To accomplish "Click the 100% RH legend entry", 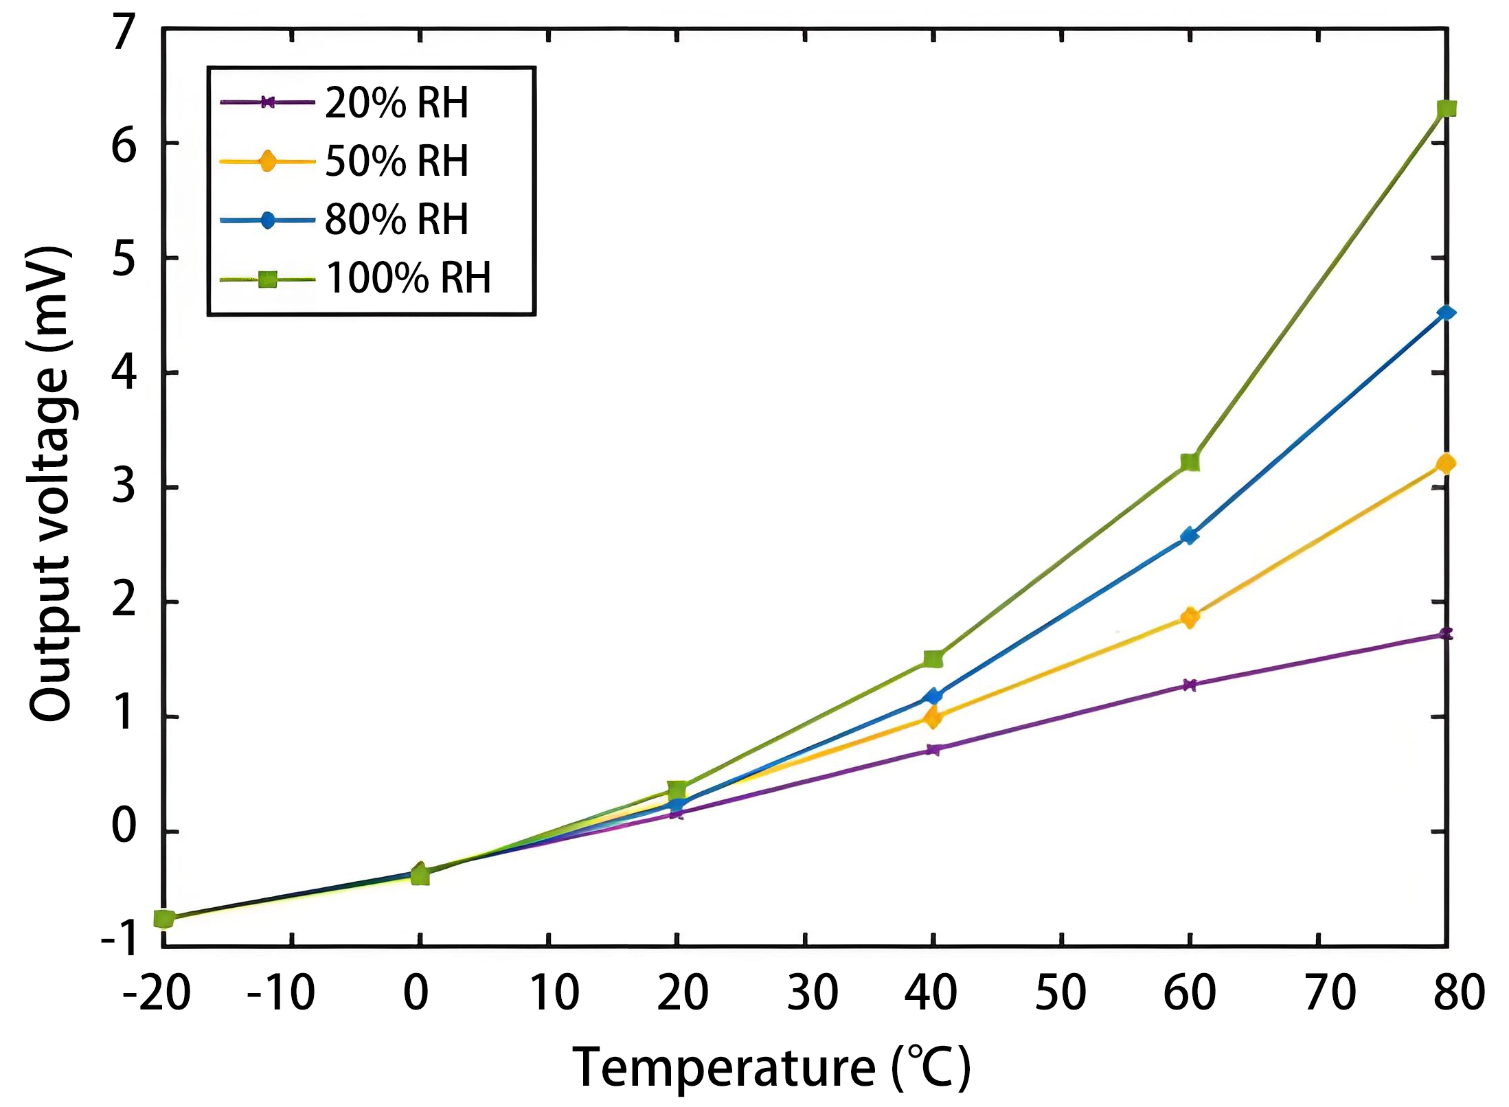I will (x=408, y=278).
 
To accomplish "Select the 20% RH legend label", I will (x=396, y=103).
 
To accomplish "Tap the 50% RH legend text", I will (x=396, y=161).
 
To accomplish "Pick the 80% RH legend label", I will (x=396, y=220).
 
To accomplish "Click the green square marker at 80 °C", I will (x=1446, y=109).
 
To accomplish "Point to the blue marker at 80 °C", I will (x=1446, y=313).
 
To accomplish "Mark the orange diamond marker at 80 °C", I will (x=1445, y=464).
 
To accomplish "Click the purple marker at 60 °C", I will (x=1190, y=685).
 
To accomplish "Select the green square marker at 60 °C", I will (x=1190, y=462).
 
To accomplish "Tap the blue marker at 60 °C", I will (x=1190, y=536).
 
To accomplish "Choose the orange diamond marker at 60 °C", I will (x=1190, y=617).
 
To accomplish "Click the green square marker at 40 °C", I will (x=933, y=659).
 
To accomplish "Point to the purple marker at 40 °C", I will (x=933, y=749).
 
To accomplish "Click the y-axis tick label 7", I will (x=124, y=33).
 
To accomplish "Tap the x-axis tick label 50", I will (x=1060, y=993).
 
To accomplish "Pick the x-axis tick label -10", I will (x=280, y=993).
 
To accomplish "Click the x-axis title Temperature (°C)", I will (x=771, y=1068).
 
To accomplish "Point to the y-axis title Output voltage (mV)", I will (x=49, y=484).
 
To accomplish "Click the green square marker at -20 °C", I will (x=164, y=919).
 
